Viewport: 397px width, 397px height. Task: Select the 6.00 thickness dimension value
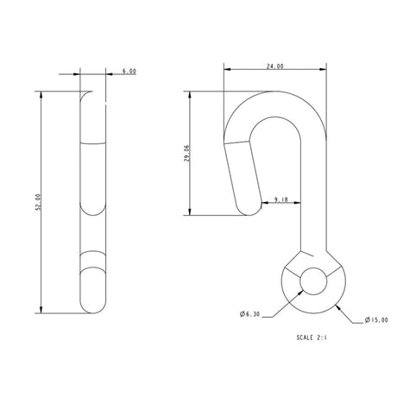tap(129, 72)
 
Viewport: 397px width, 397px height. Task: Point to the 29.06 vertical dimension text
tap(198, 152)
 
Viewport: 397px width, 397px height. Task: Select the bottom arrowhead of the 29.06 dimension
tap(190, 211)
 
